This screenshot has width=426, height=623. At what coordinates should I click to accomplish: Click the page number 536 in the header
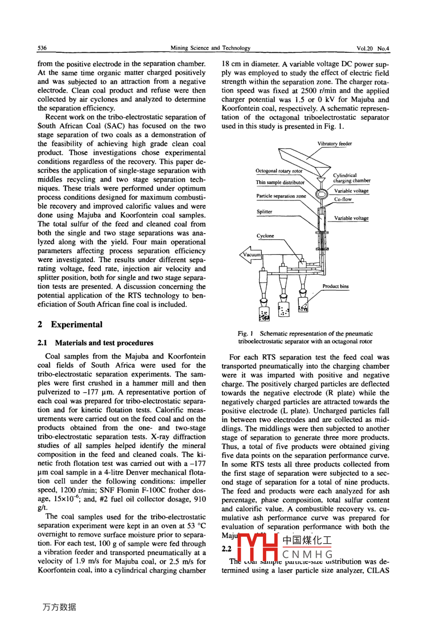click(42, 48)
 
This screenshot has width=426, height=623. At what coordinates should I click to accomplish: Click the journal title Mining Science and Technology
click(210, 48)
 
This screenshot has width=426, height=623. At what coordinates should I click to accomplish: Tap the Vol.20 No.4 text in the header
click(373, 48)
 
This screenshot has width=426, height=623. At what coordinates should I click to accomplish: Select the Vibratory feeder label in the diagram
click(334, 143)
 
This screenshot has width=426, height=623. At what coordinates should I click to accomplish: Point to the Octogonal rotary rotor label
click(279, 171)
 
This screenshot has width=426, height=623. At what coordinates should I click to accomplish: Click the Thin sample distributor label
click(280, 182)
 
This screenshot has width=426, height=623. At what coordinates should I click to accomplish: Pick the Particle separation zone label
click(281, 196)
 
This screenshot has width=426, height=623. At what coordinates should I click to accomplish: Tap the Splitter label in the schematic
click(264, 212)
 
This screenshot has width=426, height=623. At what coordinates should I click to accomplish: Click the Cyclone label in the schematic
click(265, 236)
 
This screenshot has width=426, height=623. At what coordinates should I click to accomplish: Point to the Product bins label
click(336, 286)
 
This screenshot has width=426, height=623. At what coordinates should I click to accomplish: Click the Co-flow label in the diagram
click(343, 199)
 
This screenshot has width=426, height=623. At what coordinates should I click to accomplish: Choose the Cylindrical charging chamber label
click(352, 178)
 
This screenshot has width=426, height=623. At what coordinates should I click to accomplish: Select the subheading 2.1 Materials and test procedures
click(95, 343)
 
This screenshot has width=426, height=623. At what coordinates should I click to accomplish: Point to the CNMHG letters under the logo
click(307, 554)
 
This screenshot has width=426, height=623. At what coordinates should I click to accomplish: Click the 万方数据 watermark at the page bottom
click(59, 607)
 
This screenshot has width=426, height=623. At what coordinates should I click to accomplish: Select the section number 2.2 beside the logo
click(227, 549)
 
